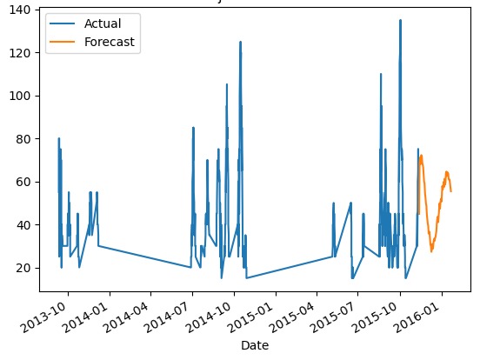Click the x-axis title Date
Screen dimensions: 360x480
pyautogui.click(x=254, y=346)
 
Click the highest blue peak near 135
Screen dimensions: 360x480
pyautogui.click(x=400, y=20)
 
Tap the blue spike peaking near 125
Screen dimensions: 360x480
pyautogui.click(x=240, y=42)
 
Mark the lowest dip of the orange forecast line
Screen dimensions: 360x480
pyautogui.click(x=430, y=251)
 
